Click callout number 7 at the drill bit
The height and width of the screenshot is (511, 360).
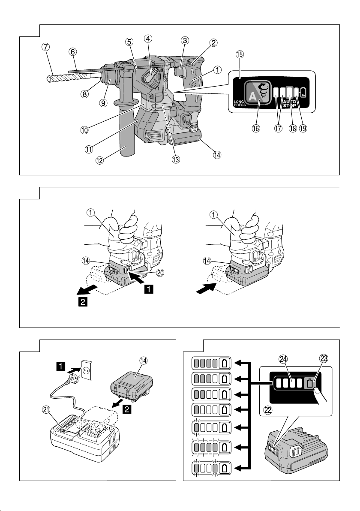[x=45, y=47]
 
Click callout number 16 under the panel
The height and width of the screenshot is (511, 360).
[x=256, y=129]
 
